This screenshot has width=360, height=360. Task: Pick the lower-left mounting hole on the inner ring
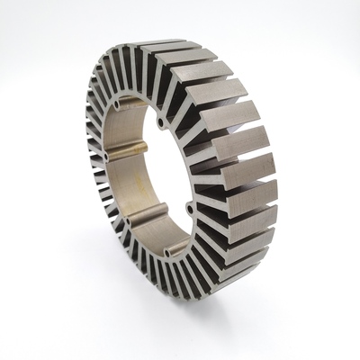(x=127, y=219)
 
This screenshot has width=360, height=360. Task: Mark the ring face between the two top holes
(x=138, y=108)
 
